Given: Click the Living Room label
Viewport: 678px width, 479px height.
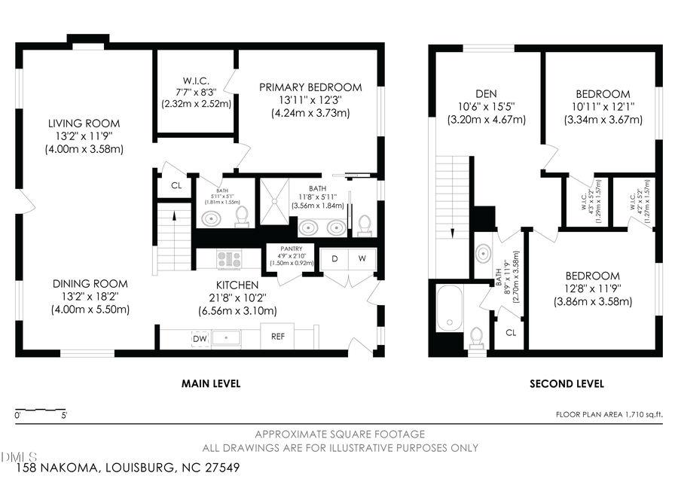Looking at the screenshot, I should click(x=84, y=124).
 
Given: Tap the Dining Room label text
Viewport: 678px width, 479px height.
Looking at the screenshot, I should click(x=90, y=284).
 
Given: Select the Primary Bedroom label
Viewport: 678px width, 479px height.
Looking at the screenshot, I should click(x=310, y=88).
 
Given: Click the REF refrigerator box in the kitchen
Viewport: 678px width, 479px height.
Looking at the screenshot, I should click(x=277, y=337).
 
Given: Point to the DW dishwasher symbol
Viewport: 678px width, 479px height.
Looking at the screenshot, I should click(x=200, y=340).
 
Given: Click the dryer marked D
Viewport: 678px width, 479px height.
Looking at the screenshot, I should click(x=334, y=258).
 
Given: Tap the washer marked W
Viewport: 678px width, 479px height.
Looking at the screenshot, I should click(x=362, y=258).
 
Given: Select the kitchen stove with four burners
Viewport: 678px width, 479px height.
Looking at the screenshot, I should click(x=228, y=259).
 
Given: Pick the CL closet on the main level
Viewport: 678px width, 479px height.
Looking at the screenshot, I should click(x=176, y=185).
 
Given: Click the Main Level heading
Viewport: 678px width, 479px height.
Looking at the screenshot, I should click(x=211, y=383).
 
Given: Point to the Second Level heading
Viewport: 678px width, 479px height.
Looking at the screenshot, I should click(x=567, y=383).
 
